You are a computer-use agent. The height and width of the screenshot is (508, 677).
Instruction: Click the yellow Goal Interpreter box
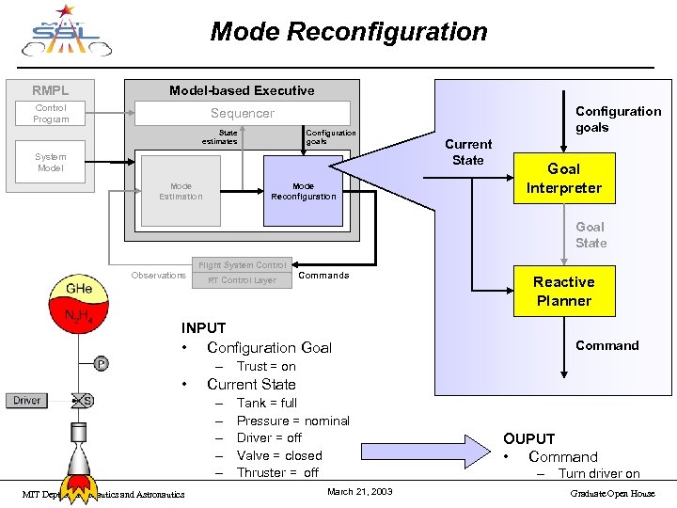(x=563, y=178)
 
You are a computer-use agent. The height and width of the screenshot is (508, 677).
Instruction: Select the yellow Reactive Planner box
(x=563, y=292)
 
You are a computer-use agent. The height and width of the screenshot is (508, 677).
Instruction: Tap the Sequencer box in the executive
(x=243, y=113)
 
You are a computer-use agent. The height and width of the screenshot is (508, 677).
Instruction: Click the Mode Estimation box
(x=181, y=191)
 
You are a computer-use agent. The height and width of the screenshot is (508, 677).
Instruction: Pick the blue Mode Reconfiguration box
(x=303, y=191)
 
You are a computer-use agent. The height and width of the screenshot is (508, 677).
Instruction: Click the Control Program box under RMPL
(x=51, y=114)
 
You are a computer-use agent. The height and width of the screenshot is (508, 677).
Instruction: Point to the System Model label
(x=51, y=163)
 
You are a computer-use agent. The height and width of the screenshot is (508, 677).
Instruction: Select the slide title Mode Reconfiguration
(x=349, y=32)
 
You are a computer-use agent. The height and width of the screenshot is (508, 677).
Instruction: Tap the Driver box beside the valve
(x=27, y=401)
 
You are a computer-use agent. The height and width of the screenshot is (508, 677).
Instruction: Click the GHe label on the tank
(x=79, y=287)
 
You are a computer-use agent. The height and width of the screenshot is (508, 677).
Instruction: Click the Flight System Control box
(x=242, y=265)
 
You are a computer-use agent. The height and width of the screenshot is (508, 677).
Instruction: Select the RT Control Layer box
(x=242, y=280)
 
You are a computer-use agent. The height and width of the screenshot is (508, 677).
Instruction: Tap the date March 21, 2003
(x=360, y=492)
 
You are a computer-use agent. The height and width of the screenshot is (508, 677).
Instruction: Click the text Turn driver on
(x=599, y=474)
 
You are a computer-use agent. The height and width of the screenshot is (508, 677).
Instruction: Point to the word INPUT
(x=203, y=328)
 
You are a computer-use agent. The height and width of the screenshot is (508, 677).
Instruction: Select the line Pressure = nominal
(x=292, y=421)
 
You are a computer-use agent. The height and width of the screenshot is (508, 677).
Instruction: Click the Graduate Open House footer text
(x=611, y=493)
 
